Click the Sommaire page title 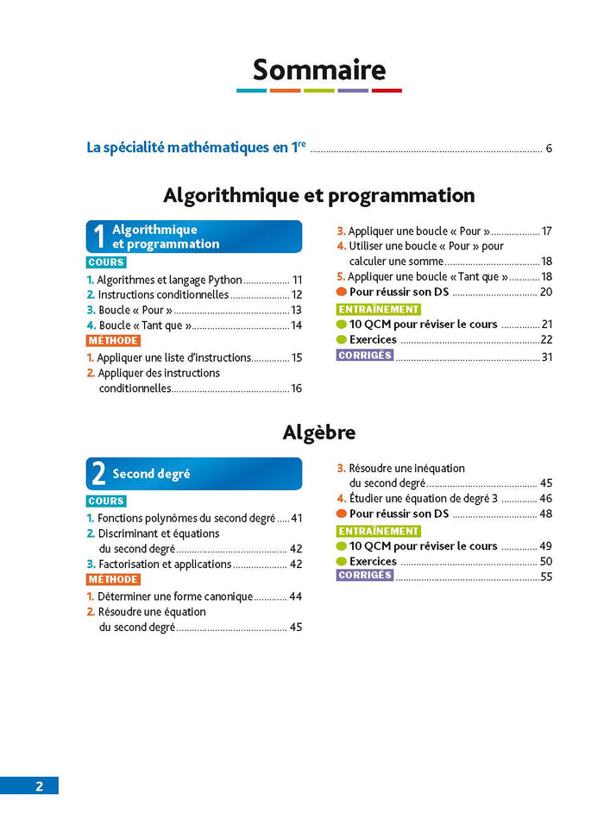point(319,69)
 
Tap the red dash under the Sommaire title point(387,91)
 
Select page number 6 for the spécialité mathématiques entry point(549,148)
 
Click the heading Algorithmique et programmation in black point(319,196)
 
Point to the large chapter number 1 point(99,237)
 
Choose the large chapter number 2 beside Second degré point(99,474)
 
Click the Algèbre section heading point(319,432)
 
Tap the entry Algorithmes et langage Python point(169,280)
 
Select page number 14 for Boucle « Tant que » point(296,325)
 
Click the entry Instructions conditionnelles point(163,294)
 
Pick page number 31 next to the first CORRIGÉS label point(546,356)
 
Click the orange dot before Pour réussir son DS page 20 point(342,293)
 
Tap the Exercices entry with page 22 point(373,340)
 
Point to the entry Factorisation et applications point(165,565)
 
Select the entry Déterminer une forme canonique point(175,596)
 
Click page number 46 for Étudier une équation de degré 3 point(545,499)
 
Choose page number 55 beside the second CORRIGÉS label point(546,577)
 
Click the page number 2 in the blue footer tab point(39,786)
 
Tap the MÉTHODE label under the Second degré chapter point(113,580)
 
